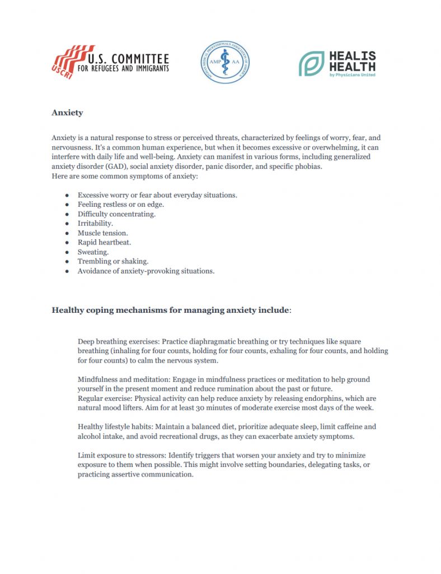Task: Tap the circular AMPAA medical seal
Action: click(226, 63)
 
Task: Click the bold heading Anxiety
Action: click(67, 113)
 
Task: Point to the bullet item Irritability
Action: click(95, 223)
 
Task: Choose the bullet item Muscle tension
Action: click(102, 233)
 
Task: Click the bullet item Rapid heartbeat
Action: click(104, 242)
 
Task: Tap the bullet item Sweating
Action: click(93, 252)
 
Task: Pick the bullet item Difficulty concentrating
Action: click(116, 214)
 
